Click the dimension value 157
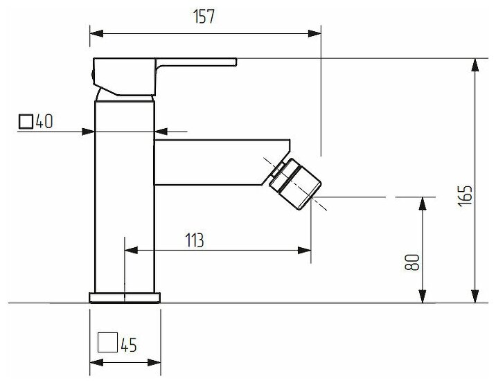click(206, 18)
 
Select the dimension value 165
click(465, 195)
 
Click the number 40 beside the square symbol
click(44, 122)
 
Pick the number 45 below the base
click(127, 343)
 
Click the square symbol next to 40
click(26, 122)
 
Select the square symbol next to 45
click(107, 343)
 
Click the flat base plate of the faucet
click(125, 298)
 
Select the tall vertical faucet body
click(123, 194)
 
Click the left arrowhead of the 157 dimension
click(96, 32)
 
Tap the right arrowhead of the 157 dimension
click(316, 32)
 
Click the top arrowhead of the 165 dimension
click(475, 64)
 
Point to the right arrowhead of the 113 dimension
click(305, 250)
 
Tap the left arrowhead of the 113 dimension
click(129, 250)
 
